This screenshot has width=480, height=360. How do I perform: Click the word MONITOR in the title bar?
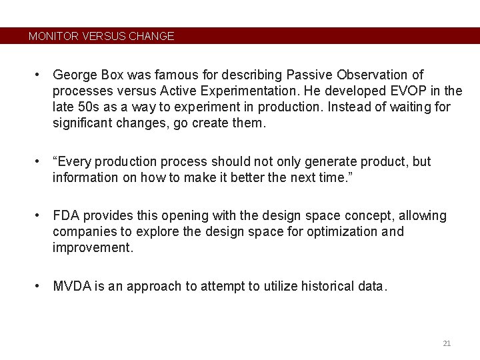(53, 36)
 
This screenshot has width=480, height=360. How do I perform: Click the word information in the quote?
(85, 177)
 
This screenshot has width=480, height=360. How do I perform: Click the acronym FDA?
(66, 216)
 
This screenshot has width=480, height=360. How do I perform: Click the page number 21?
(447, 343)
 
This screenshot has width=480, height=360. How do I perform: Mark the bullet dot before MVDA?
(40, 287)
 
